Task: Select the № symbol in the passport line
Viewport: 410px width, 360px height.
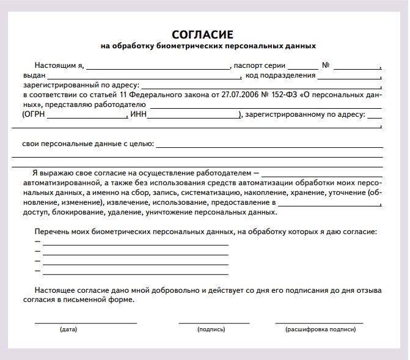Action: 326,64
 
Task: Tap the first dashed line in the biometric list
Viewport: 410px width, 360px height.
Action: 135,244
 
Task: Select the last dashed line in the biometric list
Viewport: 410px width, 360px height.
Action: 135,272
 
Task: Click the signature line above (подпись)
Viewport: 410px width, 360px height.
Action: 214,322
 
